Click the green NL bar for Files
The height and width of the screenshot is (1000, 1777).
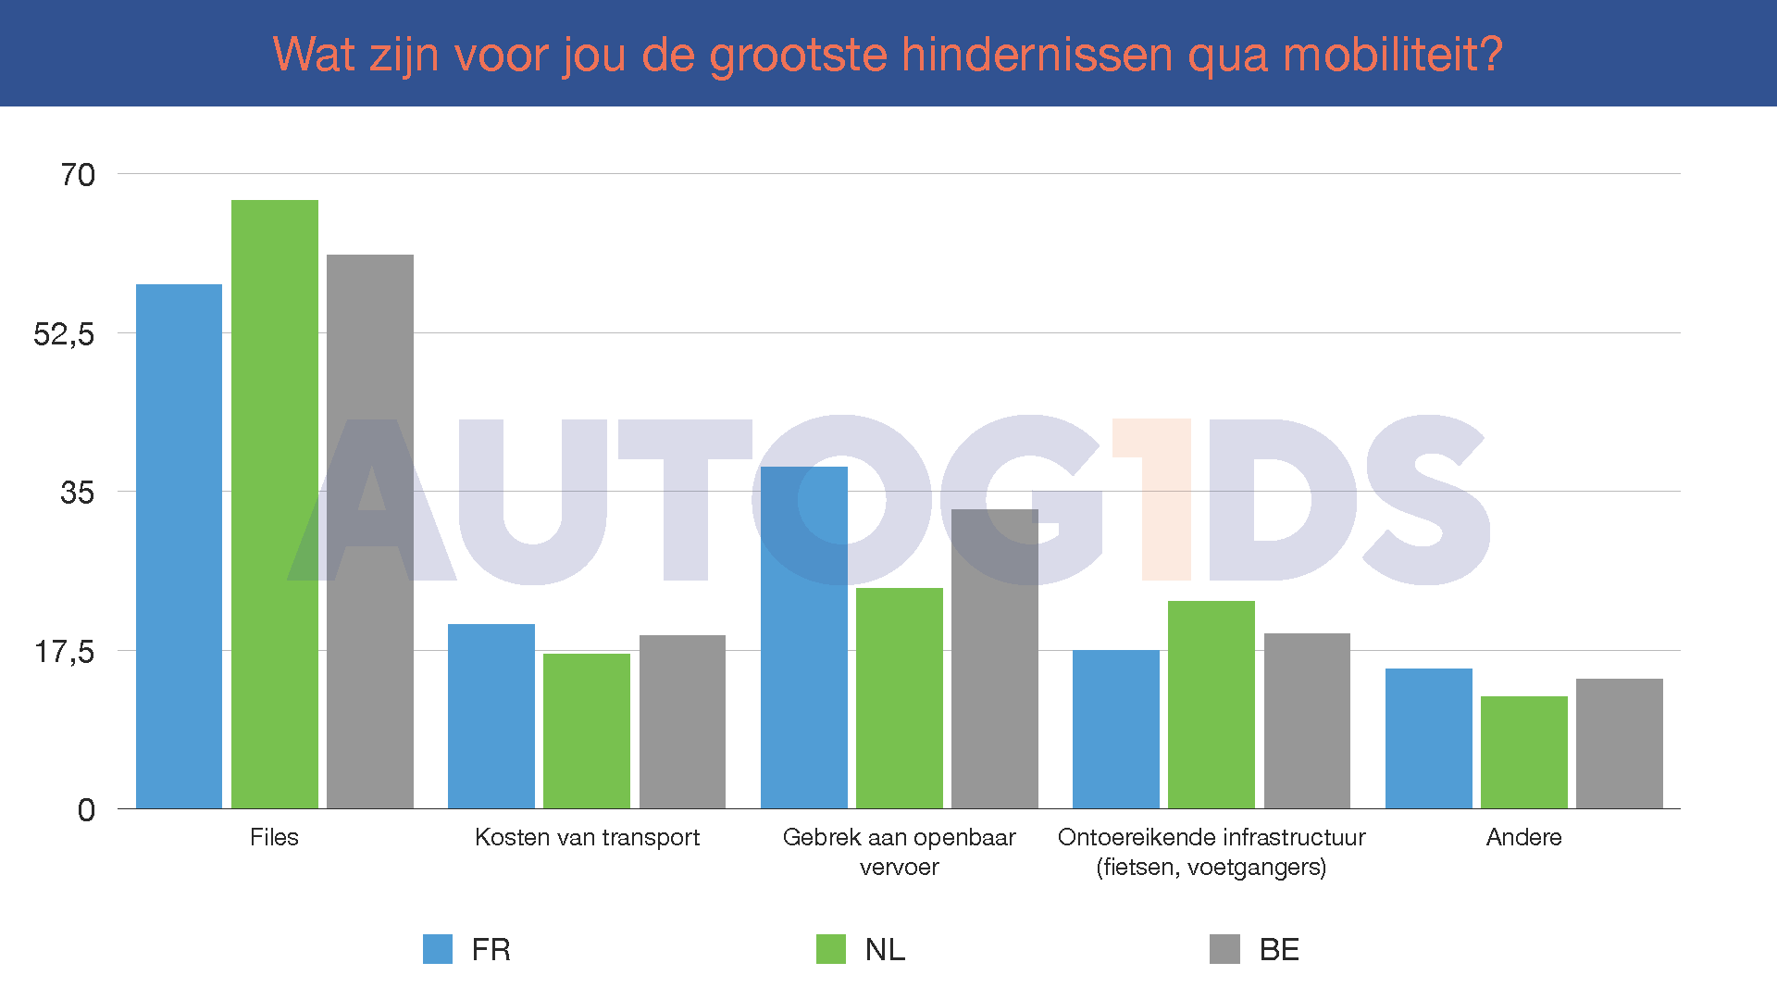point(275,505)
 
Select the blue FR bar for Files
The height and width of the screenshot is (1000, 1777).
point(179,546)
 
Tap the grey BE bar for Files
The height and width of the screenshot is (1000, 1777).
point(370,531)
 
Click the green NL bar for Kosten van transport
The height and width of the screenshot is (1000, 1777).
point(587,731)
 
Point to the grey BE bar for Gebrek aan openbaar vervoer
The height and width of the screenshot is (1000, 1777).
point(995,658)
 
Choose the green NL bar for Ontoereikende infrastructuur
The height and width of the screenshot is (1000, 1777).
point(1212,705)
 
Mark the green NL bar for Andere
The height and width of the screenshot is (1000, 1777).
point(1524,752)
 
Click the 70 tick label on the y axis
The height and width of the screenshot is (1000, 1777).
point(78,175)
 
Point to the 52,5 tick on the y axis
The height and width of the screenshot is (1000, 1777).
point(64,334)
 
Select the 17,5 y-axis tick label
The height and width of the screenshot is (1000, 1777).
point(64,652)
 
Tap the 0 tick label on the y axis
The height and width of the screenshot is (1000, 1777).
point(86,810)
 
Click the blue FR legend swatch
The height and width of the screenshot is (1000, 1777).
point(438,949)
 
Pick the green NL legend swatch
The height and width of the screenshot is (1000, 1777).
point(831,949)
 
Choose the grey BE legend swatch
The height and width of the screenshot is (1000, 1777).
point(1224,949)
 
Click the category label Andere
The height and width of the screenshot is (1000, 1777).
point(1523,837)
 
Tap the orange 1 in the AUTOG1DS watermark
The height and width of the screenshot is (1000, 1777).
point(1153,500)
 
